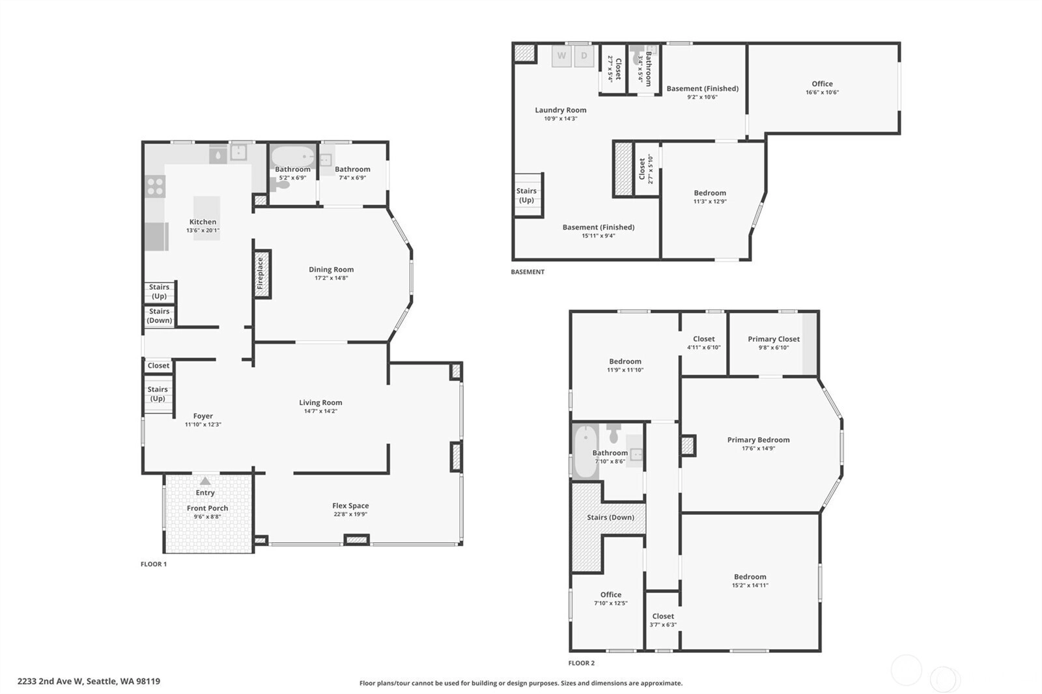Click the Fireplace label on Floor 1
[260, 273]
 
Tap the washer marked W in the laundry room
[561, 56]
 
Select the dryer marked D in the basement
[584, 56]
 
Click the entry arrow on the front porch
[205, 480]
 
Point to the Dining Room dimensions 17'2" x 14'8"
[331, 278]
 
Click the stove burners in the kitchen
[155, 186]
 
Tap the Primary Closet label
[774, 339]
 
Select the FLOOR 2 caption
[582, 663]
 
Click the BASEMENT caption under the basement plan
[528, 271]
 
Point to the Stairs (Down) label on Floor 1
[160, 316]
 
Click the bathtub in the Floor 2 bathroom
[585, 451]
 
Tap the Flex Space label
[350, 506]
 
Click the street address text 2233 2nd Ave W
[51, 682]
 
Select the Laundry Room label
[561, 110]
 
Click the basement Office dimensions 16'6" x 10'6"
[822, 92]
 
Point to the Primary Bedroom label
[758, 440]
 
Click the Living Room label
[320, 403]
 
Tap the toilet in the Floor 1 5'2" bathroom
[279, 184]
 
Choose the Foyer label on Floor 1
[203, 416]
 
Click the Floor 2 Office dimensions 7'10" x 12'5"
[611, 604]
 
